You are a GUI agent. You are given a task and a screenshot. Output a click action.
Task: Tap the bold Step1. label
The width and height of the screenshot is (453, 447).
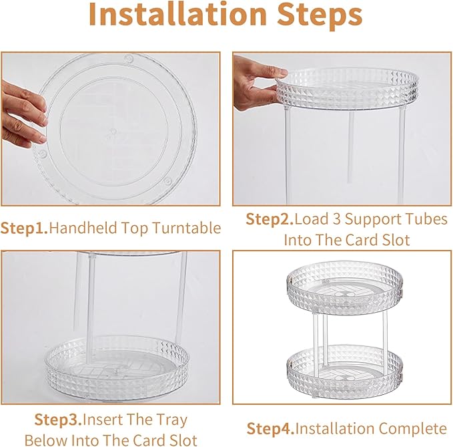pos(24,229)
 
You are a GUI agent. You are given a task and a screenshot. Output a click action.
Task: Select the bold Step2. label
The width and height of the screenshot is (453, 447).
pos(269,219)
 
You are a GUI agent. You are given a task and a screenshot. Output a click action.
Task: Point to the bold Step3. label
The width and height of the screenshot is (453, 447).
pos(57,421)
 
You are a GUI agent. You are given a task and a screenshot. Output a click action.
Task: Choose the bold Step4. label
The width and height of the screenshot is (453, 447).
pos(270,428)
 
